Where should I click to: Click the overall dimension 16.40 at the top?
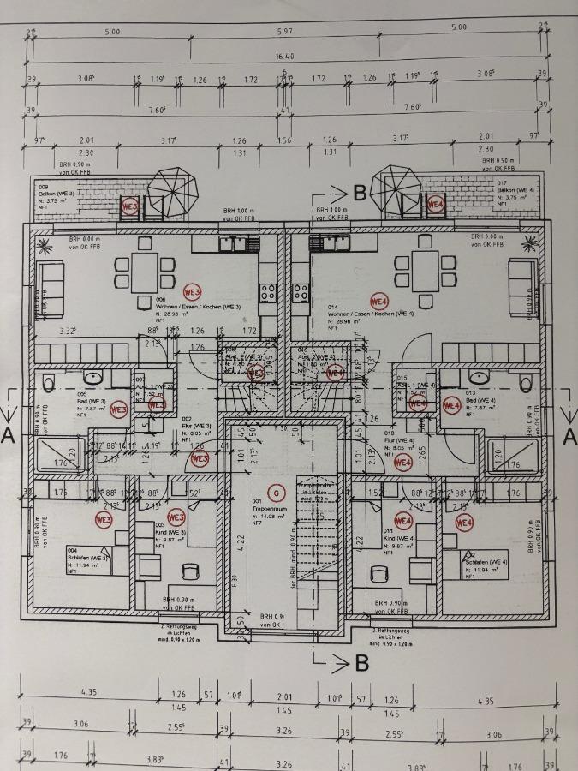point(284,56)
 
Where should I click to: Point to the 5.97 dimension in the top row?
point(285,31)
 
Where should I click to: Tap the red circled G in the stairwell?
point(276,493)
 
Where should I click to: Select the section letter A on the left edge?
point(9,436)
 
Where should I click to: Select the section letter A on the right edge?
point(569,436)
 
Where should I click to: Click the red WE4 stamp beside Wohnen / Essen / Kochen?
point(380,301)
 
